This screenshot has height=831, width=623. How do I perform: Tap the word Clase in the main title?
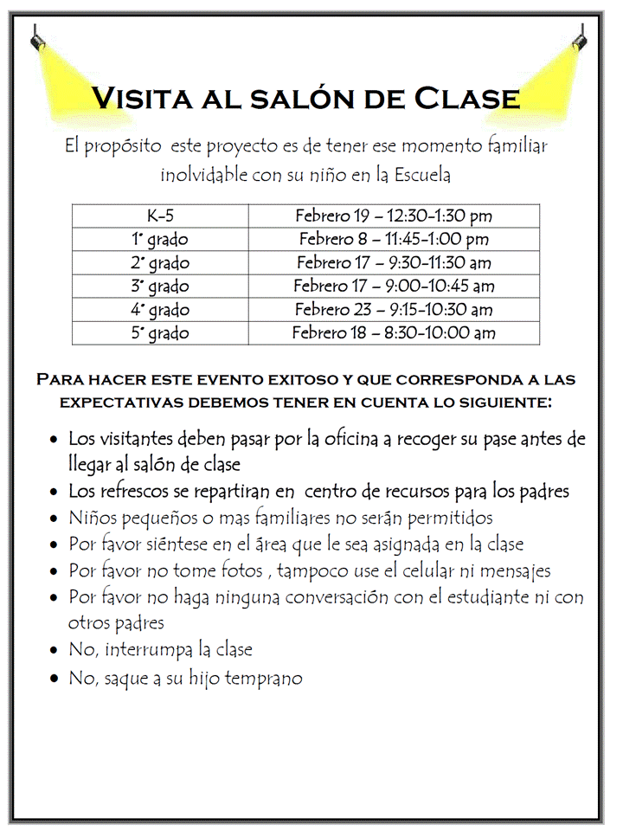pyautogui.click(x=469, y=98)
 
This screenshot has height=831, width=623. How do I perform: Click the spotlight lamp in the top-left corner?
pyautogui.click(x=37, y=39)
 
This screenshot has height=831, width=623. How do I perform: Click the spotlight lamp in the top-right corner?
pyautogui.click(x=581, y=39)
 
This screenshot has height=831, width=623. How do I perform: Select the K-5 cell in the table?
pyautogui.click(x=160, y=216)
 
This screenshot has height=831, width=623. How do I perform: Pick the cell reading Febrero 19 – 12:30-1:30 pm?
pyautogui.click(x=394, y=216)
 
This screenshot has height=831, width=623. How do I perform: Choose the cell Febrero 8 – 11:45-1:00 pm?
pyautogui.click(x=394, y=240)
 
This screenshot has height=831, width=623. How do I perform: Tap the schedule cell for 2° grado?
pyautogui.click(x=394, y=263)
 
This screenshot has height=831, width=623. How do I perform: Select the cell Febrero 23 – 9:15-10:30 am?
pyautogui.click(x=394, y=310)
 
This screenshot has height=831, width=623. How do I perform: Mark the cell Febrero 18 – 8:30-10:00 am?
pyautogui.click(x=394, y=333)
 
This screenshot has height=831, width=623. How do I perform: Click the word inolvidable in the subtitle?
pyautogui.click(x=203, y=175)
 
